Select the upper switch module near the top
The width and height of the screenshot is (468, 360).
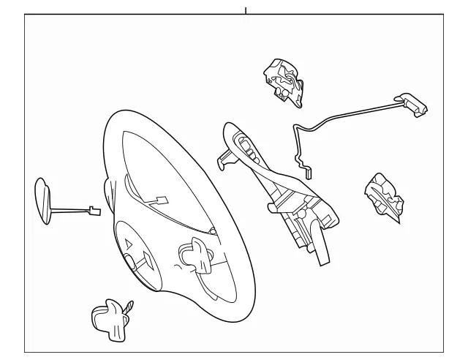[282, 76]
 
